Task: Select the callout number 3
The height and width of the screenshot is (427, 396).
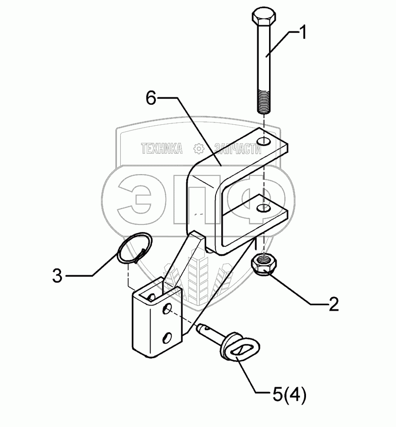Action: (x=57, y=276)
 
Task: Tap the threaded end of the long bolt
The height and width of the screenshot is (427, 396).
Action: (x=264, y=102)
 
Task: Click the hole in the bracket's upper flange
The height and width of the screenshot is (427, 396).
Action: (x=264, y=141)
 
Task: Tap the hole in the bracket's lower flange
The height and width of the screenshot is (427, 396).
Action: (x=264, y=208)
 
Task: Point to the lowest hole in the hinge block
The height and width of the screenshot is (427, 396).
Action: (x=167, y=337)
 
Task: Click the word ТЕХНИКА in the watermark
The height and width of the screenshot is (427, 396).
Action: (x=162, y=149)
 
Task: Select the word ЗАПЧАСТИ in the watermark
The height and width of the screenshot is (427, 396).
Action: (x=238, y=149)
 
